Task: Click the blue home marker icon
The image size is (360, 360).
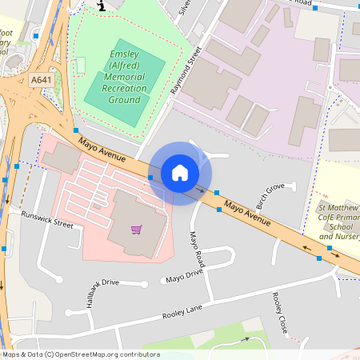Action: pyautogui.click(x=180, y=173)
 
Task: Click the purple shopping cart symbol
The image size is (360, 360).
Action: pyautogui.click(x=137, y=230)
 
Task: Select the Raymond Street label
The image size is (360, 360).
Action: pyautogui.click(x=186, y=71)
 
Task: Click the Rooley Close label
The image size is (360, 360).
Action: pyautogui.click(x=280, y=313)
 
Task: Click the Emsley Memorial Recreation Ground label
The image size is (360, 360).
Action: pyautogui.click(x=125, y=77)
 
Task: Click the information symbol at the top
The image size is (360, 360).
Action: pyautogui.click(x=101, y=6)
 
